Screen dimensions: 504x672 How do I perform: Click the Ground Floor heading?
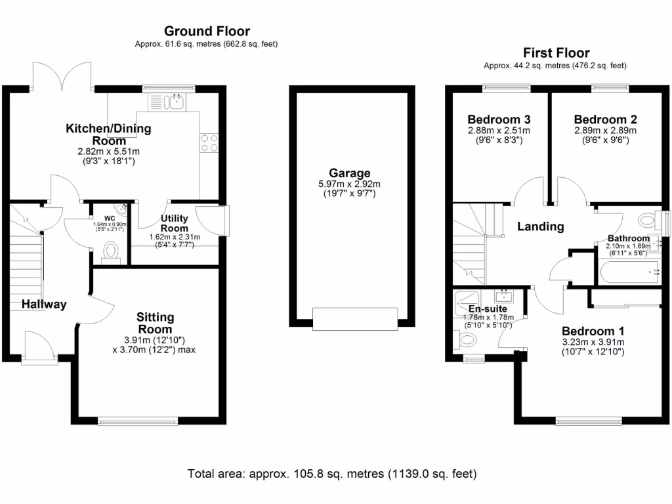coord(207,31)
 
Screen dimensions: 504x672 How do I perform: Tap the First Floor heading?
coord(556,52)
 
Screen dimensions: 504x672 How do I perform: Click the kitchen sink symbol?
coord(168,102)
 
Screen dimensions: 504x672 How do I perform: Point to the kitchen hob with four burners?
coord(209,143)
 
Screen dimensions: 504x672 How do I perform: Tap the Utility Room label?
coord(175,222)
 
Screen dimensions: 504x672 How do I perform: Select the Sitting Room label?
coord(155,323)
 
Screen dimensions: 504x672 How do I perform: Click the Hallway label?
coord(44,304)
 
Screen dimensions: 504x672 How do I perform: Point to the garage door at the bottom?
coord(354,319)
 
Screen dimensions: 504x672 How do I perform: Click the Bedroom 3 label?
coord(499,119)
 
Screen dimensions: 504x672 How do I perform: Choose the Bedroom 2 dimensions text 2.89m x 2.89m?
coord(605,131)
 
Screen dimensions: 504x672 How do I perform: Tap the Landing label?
coord(541,226)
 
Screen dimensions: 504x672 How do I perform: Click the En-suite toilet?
coord(467,340)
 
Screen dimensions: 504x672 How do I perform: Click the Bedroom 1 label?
coord(593,331)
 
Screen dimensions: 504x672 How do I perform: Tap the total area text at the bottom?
coord(332,473)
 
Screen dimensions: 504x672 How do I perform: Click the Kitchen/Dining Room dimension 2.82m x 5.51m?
coord(108,152)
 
